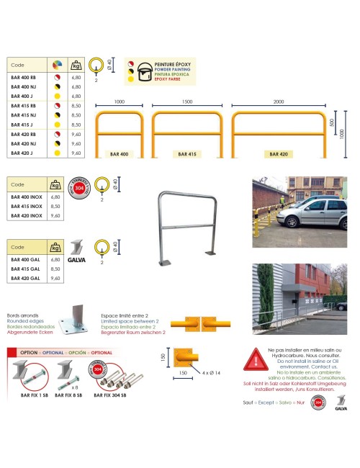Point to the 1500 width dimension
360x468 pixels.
187,102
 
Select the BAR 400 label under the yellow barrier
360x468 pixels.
120,154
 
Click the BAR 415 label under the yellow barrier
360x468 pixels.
187,154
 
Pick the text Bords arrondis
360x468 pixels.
23,316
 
